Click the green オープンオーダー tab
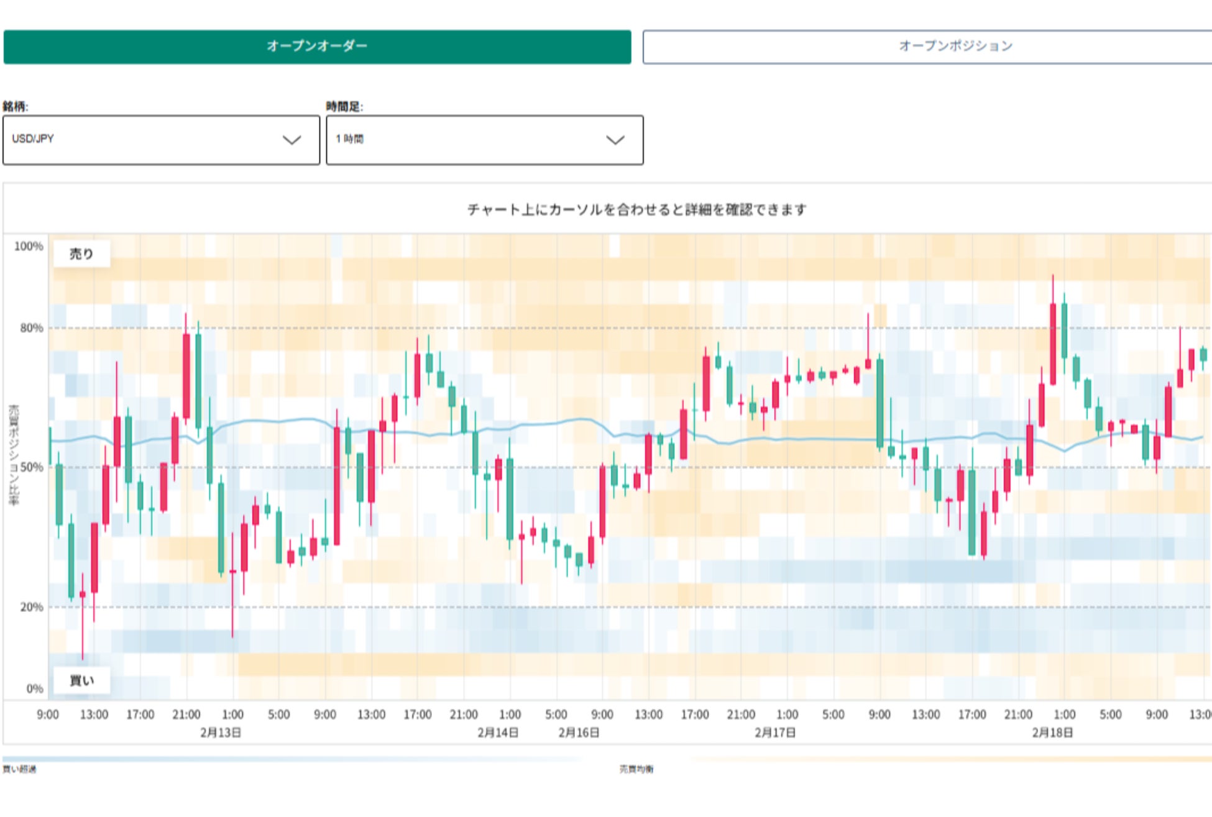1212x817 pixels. click(317, 47)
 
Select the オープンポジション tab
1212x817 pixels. click(926, 47)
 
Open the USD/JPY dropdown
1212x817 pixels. click(161, 140)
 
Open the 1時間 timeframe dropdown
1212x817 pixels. click(484, 140)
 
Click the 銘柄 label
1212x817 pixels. click(15, 106)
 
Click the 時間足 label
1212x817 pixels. click(344, 106)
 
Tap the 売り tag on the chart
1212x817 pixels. click(81, 253)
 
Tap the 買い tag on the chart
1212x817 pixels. click(81, 681)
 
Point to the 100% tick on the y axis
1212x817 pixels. click(29, 247)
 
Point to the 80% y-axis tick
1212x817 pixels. click(31, 328)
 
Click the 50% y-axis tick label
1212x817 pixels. click(31, 467)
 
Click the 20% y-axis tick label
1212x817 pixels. click(31, 607)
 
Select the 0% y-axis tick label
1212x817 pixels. click(34, 688)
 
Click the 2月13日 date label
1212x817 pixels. click(220, 733)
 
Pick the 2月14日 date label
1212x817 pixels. click(497, 733)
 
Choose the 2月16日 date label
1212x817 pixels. click(578, 733)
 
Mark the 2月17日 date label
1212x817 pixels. click(774, 733)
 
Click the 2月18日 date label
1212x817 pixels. click(1052, 733)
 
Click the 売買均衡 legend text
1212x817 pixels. click(636, 769)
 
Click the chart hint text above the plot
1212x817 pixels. click(636, 210)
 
